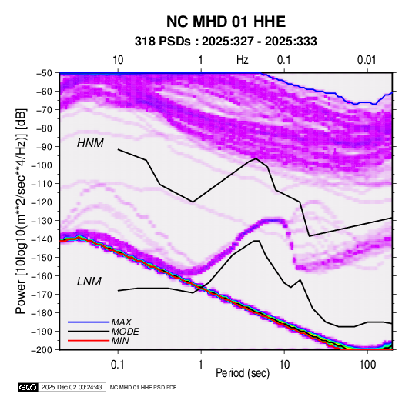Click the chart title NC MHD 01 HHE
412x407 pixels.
point(226,22)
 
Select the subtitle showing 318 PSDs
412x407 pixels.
point(226,42)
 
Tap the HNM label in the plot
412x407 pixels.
point(90,143)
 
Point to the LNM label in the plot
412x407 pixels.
point(89,282)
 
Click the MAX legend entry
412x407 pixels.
point(121,322)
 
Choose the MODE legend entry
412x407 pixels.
point(125,332)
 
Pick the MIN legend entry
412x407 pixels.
point(120,341)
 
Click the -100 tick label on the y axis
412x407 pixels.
point(44,165)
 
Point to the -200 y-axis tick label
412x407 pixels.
point(44,350)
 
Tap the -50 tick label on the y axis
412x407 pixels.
point(46,73)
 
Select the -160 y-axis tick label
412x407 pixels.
point(44,276)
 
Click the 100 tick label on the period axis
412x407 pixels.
point(367,365)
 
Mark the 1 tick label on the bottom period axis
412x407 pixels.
point(201,365)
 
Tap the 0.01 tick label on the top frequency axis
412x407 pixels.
point(367,60)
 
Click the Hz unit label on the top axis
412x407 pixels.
point(243,60)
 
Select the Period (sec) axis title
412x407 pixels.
point(243,373)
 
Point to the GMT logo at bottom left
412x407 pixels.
point(28,387)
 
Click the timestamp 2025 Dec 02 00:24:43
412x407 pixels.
point(72,387)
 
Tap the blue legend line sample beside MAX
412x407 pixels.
point(89,322)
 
